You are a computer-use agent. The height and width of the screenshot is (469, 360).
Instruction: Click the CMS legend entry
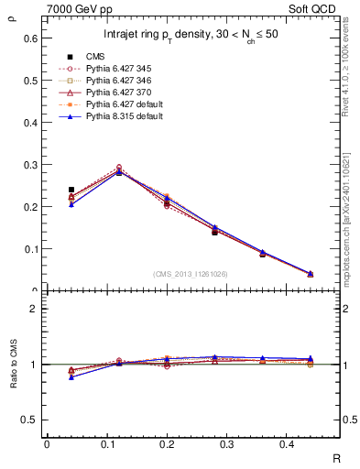94,56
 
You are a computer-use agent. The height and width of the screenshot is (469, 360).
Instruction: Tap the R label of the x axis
336,457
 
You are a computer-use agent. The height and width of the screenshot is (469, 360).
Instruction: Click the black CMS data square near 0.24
71,190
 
